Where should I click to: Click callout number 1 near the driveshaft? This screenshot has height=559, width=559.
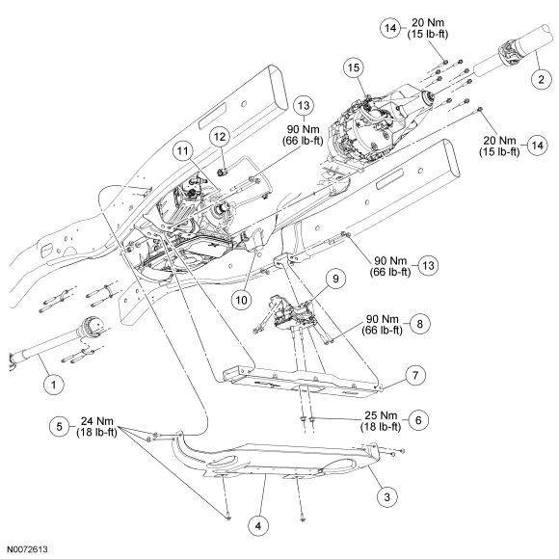pyautogui.click(x=54, y=385)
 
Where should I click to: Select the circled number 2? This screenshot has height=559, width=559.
pyautogui.click(x=541, y=79)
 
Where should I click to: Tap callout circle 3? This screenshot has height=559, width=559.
pyautogui.click(x=387, y=496)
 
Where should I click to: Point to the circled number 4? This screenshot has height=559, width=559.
pyautogui.click(x=258, y=525)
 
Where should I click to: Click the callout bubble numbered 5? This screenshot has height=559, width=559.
pyautogui.click(x=60, y=426)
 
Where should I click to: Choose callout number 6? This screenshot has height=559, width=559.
pyautogui.click(x=418, y=420)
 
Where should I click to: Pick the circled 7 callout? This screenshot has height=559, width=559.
pyautogui.click(x=415, y=376)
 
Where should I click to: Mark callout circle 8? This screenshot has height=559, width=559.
pyautogui.click(x=419, y=324)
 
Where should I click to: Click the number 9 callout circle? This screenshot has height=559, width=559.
pyautogui.click(x=335, y=279)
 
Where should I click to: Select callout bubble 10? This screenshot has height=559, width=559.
pyautogui.click(x=241, y=300)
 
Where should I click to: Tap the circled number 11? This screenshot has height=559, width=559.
pyautogui.click(x=183, y=150)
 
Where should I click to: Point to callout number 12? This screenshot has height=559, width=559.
pyautogui.click(x=220, y=137)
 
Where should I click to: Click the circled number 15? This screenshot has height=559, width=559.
pyautogui.click(x=354, y=67)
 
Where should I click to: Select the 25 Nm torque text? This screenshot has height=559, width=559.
pyautogui.click(x=381, y=415)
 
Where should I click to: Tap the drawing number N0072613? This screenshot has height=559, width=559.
pyautogui.click(x=27, y=549)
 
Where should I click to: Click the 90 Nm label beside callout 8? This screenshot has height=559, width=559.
pyautogui.click(x=383, y=318)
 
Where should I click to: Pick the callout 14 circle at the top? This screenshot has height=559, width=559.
pyautogui.click(x=390, y=27)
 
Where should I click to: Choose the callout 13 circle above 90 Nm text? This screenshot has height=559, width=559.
pyautogui.click(x=304, y=105)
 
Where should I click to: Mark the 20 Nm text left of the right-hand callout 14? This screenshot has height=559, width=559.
pyautogui.click(x=499, y=140)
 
